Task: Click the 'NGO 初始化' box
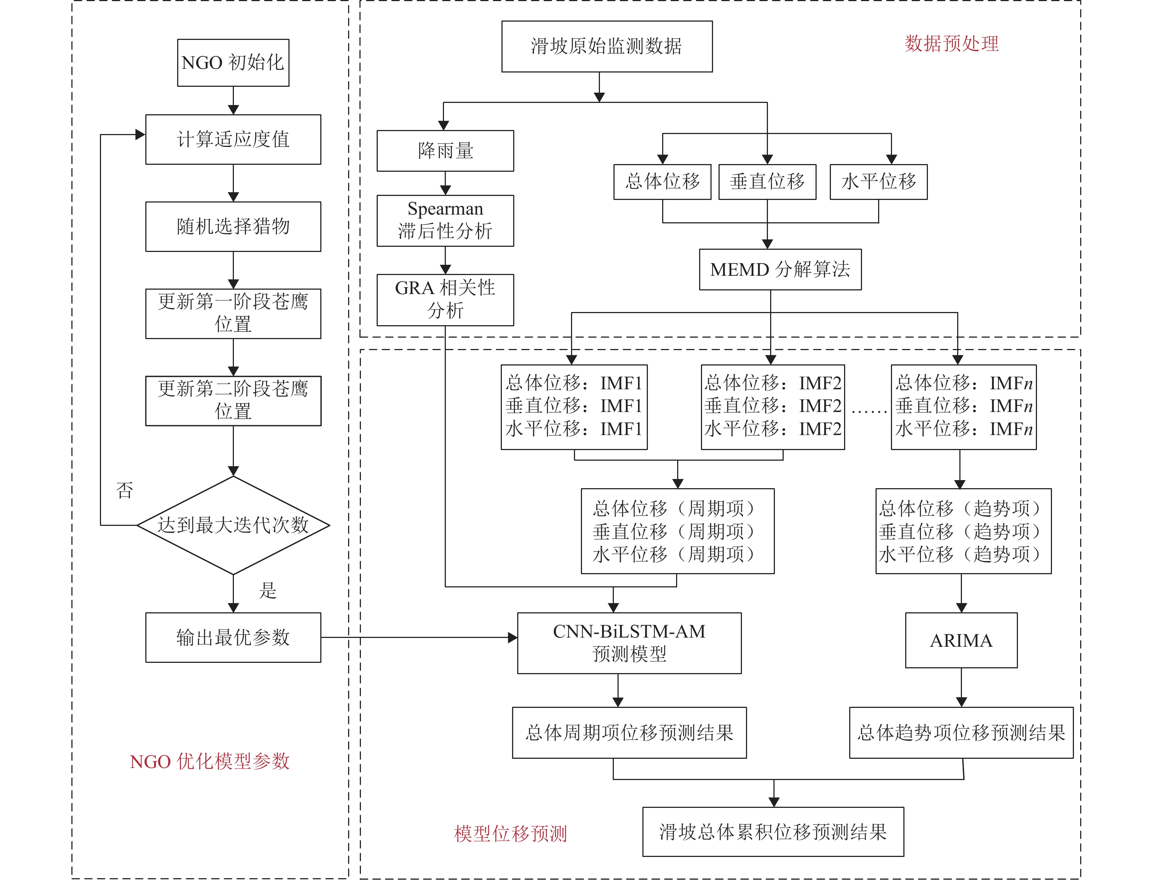(233, 63)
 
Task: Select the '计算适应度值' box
(233, 139)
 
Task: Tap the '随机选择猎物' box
(233, 226)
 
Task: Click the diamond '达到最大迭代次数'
(233, 525)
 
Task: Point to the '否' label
(124, 491)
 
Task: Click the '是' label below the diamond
(268, 590)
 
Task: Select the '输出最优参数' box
(233, 638)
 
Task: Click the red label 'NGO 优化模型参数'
(209, 761)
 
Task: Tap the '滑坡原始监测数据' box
(607, 46)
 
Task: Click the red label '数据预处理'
(951, 44)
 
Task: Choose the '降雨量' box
(445, 151)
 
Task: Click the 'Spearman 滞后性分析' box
(445, 220)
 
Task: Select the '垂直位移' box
(767, 182)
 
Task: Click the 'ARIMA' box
(961, 640)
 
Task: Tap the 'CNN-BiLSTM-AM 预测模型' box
(629, 643)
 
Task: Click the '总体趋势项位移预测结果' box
(961, 732)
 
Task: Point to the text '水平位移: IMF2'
(772, 429)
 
